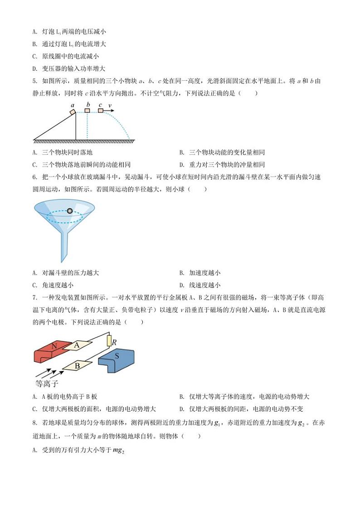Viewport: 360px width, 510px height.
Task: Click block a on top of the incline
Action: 73,112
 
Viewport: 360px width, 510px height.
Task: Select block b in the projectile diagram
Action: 88,110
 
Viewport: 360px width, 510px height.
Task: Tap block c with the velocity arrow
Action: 100,110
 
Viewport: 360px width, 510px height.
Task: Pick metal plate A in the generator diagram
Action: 77,346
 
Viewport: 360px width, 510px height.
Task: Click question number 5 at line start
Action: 35,81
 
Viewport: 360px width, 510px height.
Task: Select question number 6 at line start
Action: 35,177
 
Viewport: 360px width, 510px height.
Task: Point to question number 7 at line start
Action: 35,298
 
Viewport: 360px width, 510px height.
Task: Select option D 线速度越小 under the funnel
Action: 204,285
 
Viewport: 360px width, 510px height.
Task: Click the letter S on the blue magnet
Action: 117,357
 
